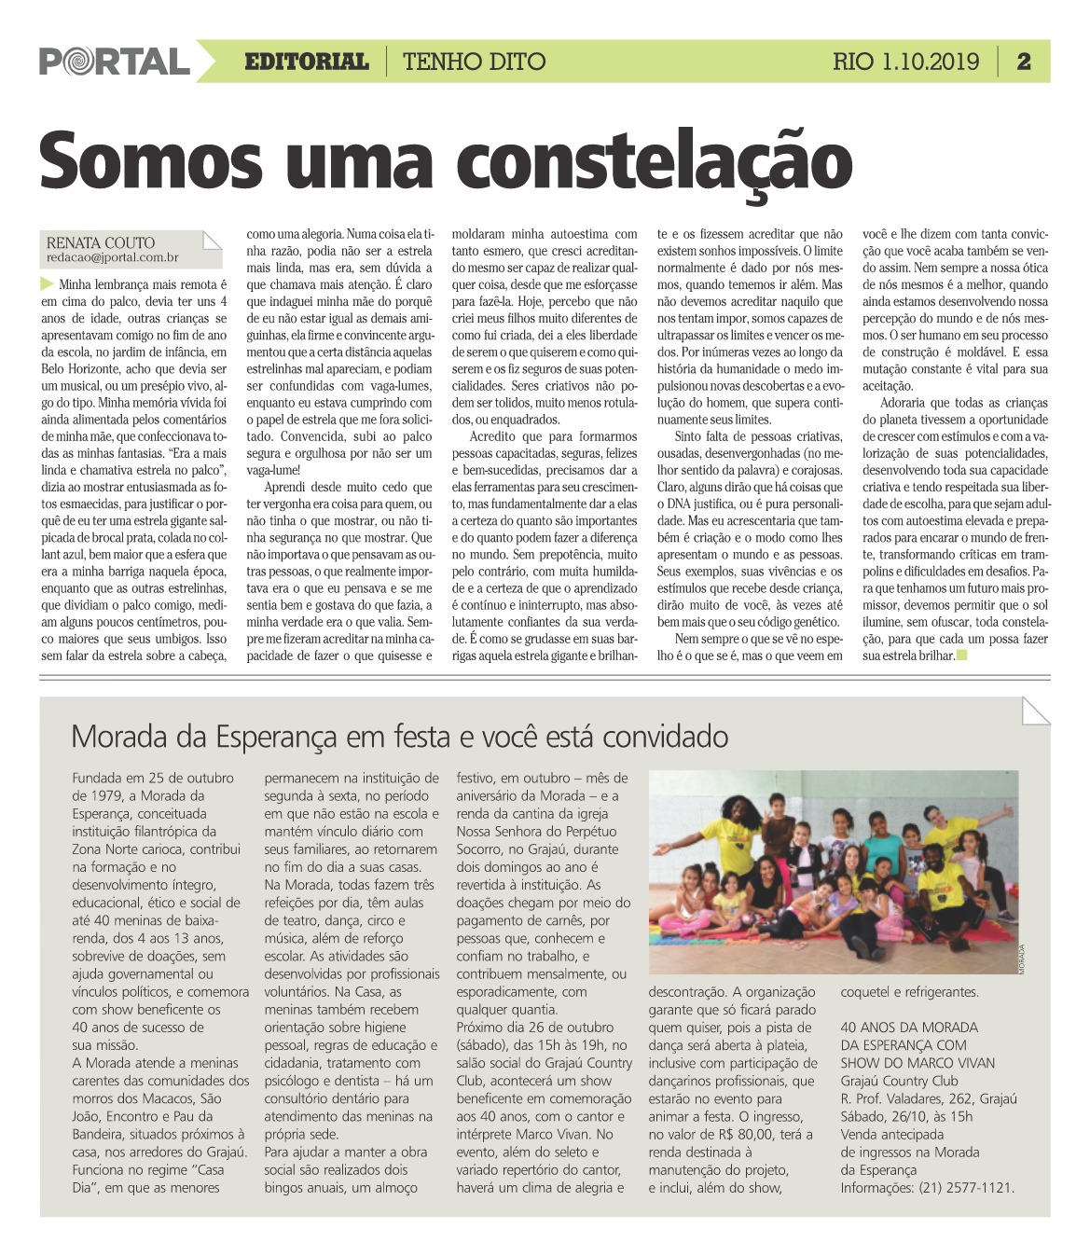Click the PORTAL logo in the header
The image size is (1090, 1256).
(114, 62)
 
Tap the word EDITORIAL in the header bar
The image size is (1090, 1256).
(306, 62)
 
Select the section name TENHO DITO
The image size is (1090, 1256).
(474, 62)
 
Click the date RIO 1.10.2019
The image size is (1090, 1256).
(905, 62)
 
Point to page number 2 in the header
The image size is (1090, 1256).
(1024, 62)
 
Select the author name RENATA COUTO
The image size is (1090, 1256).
(101, 242)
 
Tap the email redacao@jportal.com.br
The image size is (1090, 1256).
(112, 257)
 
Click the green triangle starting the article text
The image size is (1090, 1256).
(48, 283)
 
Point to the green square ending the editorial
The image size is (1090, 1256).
(962, 656)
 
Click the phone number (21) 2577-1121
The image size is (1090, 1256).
(967, 1188)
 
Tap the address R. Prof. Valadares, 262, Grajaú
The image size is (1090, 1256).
(929, 1098)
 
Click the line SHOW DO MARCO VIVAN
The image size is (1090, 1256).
(918, 1063)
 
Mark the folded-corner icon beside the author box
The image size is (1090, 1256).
(212, 241)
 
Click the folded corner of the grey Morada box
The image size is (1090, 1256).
(1035, 711)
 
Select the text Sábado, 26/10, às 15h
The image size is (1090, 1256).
(906, 1116)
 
